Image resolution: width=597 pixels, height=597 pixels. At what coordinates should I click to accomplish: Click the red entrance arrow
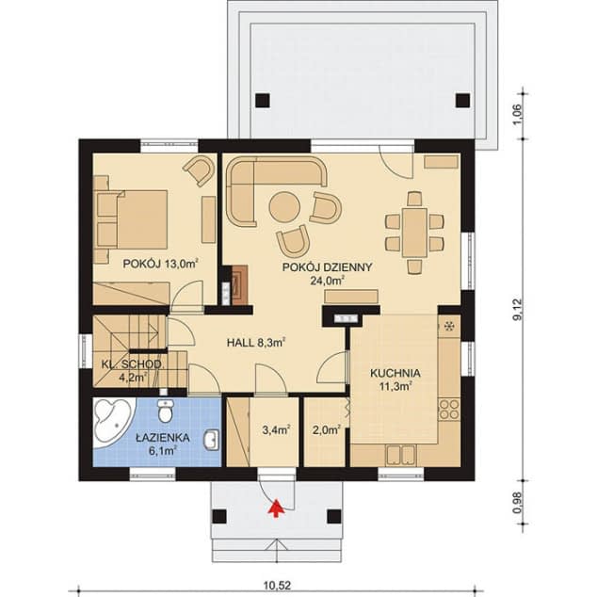point(275,509)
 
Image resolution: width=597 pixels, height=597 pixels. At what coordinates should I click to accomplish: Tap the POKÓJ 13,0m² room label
point(159,264)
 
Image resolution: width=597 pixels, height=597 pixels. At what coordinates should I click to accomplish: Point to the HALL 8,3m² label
point(256,344)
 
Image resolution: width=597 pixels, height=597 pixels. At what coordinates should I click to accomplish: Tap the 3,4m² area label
point(275,430)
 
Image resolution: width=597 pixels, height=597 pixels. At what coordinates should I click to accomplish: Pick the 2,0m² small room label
point(326,430)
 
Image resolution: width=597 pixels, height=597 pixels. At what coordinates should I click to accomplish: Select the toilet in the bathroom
point(167,411)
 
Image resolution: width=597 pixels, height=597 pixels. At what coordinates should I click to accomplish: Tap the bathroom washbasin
point(213,439)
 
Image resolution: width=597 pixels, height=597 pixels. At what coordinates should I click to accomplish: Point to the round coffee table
point(283,204)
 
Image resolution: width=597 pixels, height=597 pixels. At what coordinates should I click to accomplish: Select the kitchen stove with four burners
point(449,410)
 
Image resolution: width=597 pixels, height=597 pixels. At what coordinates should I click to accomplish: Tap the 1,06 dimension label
point(517,112)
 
